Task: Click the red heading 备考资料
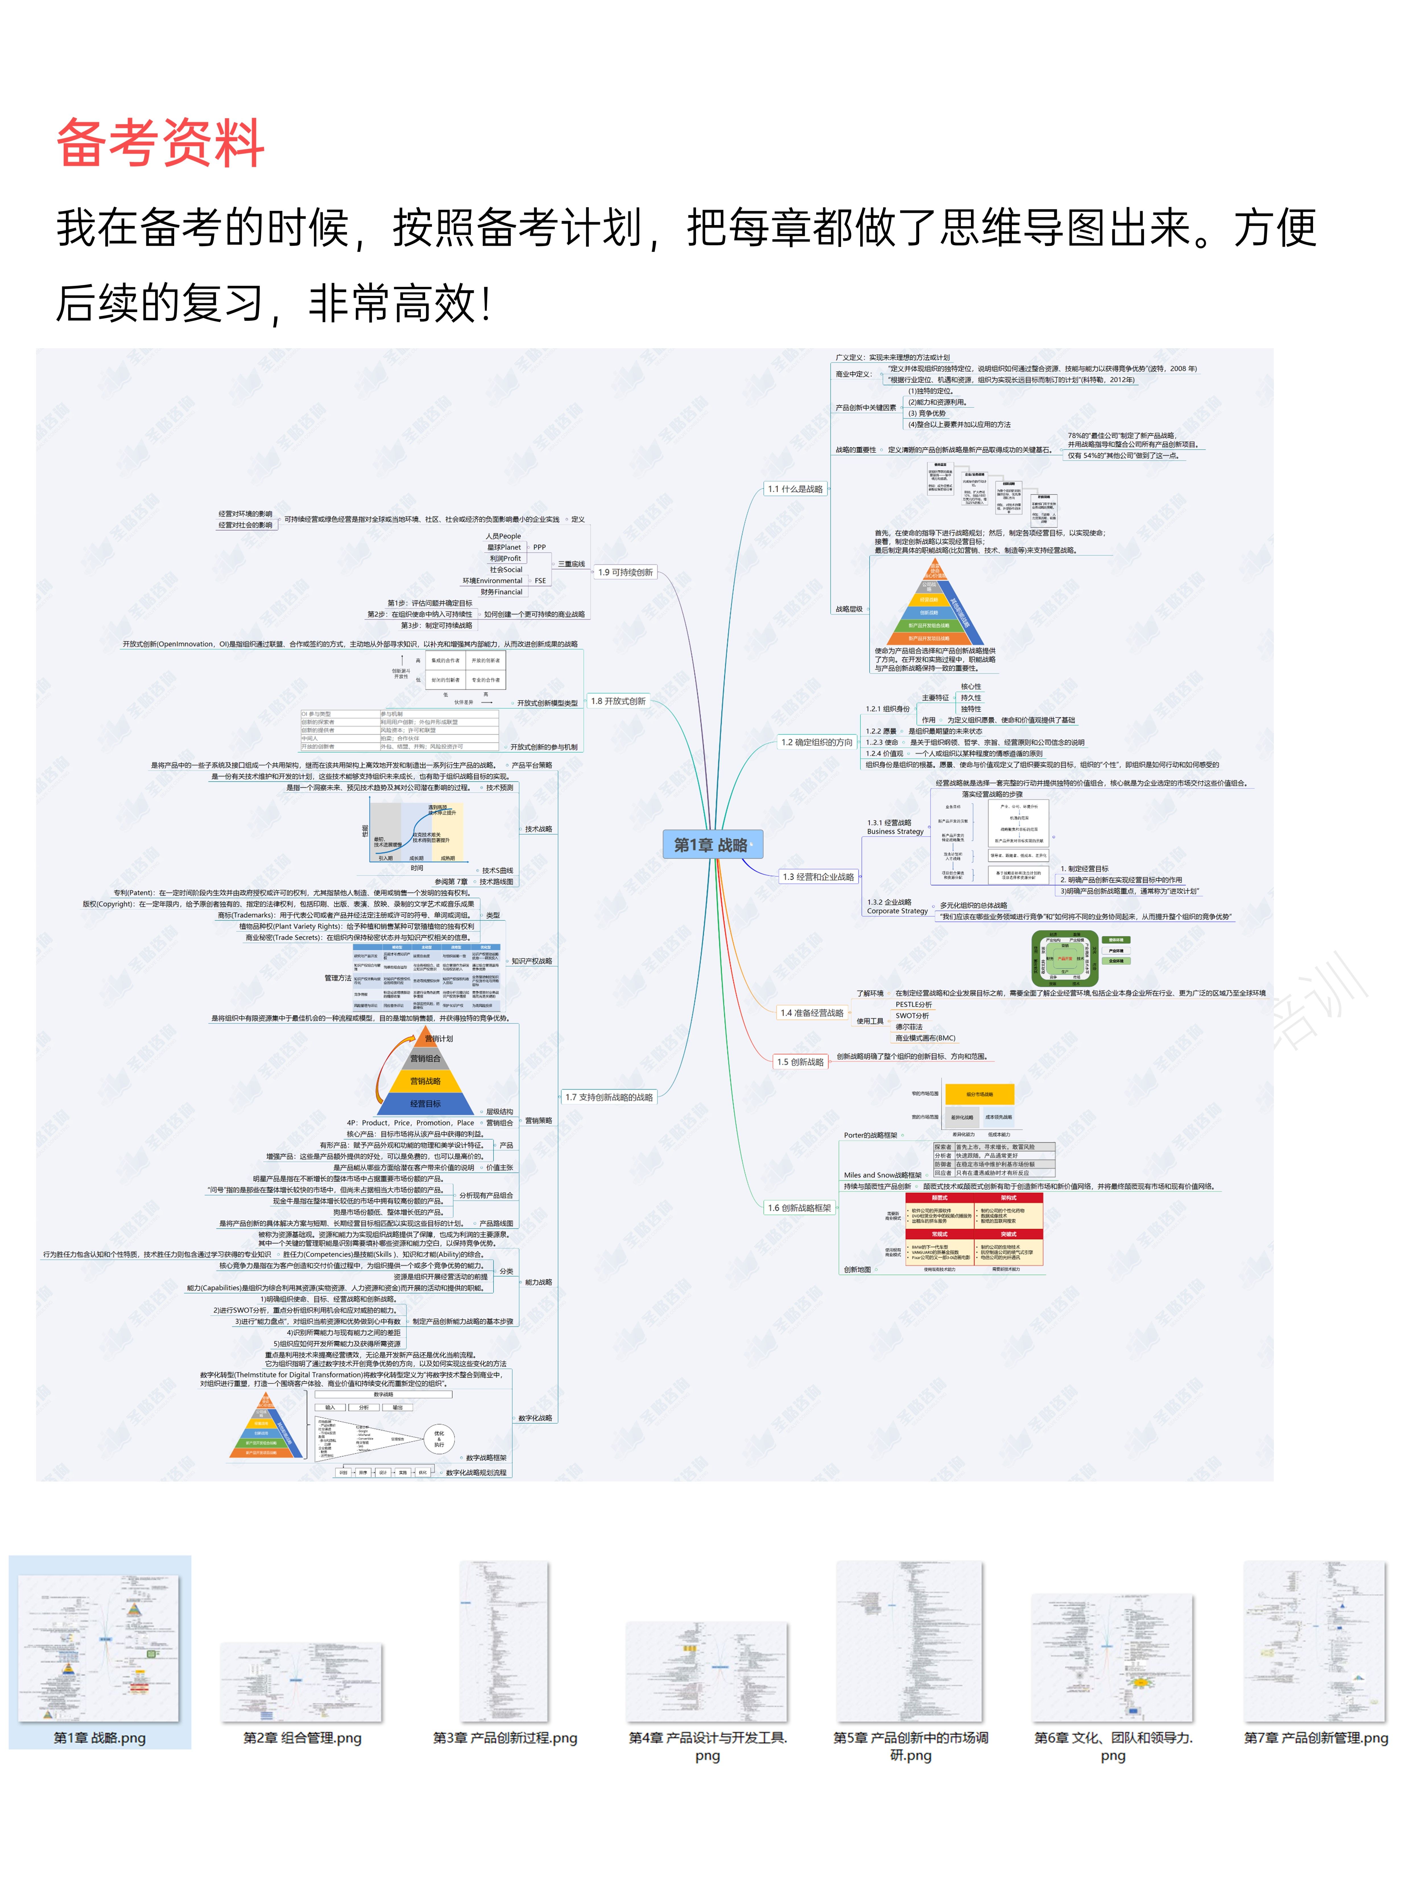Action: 160,143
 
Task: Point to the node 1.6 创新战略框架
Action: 799,1208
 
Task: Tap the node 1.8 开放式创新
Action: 618,701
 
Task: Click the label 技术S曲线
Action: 497,870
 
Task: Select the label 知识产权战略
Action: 532,961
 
